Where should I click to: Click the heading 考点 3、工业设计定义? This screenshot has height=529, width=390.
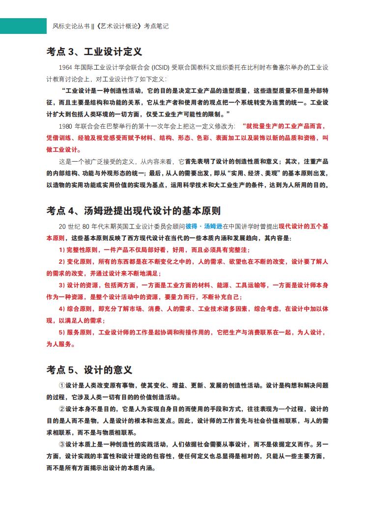point(94,52)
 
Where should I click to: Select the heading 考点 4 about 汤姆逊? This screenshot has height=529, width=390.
point(134,211)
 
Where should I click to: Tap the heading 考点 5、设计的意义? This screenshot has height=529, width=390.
point(89,369)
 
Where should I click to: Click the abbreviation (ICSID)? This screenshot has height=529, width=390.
point(162,67)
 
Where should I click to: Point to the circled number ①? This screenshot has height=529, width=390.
point(62,386)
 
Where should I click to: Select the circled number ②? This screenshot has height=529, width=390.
point(62,409)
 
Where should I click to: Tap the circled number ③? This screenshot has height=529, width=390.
point(62,445)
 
